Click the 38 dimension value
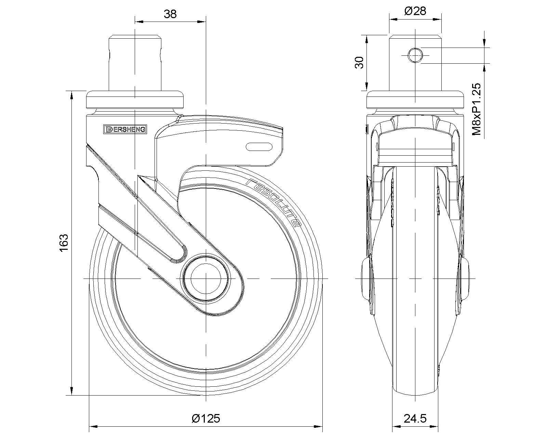[170, 14]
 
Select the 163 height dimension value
[64, 243]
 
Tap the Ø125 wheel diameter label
[206, 418]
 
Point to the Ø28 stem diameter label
[415, 11]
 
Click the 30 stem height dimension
[359, 63]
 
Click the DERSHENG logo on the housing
[125, 129]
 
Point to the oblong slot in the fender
[259, 147]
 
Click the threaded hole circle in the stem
[415, 55]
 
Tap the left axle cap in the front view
[365, 279]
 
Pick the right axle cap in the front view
[465, 279]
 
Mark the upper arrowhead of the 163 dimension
[71, 95]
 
